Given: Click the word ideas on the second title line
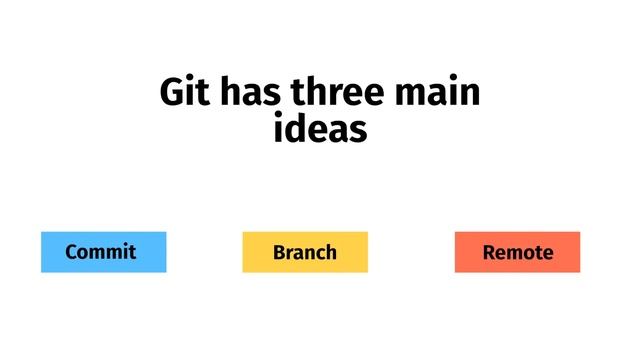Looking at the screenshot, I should [320, 130].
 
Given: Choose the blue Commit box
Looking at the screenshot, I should [103, 252].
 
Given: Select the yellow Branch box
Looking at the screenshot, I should [305, 252].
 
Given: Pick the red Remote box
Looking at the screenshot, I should [517, 252].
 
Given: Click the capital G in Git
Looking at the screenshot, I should [172, 94].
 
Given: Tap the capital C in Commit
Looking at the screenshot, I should [71, 252].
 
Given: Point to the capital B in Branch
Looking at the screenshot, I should [279, 252].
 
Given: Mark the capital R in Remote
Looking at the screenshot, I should [489, 252].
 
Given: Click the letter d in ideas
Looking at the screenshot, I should [297, 130].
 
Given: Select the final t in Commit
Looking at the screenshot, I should [132, 252].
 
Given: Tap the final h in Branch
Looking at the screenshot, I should [331, 252].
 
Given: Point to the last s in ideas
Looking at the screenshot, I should [359, 130].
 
